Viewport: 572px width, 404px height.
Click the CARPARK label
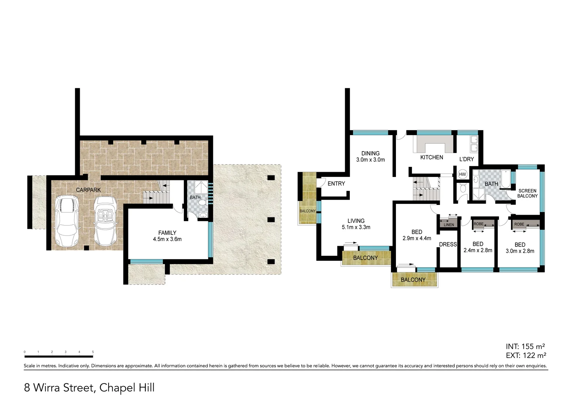[88, 190]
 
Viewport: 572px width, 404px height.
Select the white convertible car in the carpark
[106, 221]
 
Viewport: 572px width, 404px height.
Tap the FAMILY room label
[167, 233]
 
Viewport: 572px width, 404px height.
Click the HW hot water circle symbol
[462, 174]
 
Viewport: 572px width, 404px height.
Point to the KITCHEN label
[432, 157]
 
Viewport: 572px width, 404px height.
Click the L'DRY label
[466, 159]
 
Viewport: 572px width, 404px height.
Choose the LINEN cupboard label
[449, 225]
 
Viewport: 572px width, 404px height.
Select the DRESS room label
[448, 245]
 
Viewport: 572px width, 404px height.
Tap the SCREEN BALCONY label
[527, 193]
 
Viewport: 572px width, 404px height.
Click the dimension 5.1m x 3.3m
[356, 227]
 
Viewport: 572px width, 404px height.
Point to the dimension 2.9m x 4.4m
[417, 238]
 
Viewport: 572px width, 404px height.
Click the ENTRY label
[336, 184]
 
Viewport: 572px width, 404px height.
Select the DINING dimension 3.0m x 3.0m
[370, 160]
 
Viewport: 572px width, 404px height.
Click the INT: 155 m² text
[525, 346]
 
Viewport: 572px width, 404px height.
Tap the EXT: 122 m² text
[526, 355]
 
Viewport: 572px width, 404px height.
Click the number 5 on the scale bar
[93, 352]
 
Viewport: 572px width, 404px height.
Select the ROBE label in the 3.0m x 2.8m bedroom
[519, 224]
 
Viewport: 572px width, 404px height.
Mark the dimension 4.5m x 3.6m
[167, 239]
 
